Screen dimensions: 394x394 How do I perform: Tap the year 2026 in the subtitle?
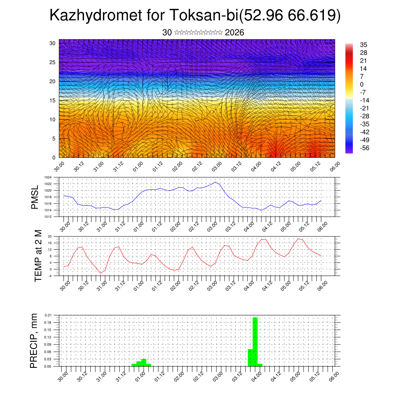[234, 33]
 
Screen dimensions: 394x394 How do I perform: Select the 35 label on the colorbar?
[364, 45]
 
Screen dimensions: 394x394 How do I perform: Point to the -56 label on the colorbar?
[364, 148]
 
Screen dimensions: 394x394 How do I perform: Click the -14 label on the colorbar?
[364, 100]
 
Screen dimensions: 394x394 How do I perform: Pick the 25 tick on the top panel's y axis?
[53, 62]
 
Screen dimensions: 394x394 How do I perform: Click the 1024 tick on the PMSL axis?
[48, 177]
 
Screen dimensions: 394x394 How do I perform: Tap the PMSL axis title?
[35, 197]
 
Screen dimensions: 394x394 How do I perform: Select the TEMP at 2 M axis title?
[38, 256]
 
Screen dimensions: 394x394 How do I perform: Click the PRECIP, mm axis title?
[34, 341]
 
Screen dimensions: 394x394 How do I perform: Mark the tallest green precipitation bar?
[255, 342]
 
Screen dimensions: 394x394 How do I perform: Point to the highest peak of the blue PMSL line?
[215, 182]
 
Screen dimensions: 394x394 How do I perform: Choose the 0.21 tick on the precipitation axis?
[48, 315]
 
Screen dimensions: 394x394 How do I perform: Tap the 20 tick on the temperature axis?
[50, 236]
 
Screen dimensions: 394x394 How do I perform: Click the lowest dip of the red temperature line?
[101, 273]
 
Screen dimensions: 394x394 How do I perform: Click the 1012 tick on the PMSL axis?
[48, 217]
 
